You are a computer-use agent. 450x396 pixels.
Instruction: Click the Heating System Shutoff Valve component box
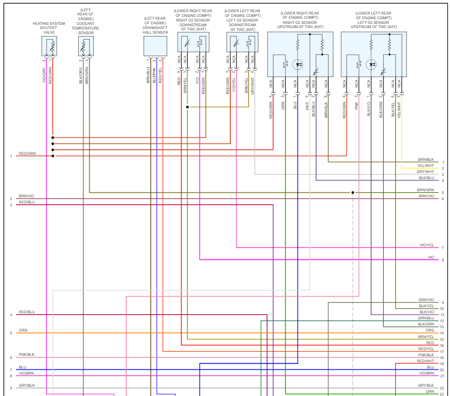click(x=50, y=46)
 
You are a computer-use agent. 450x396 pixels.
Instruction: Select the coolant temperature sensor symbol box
click(x=86, y=46)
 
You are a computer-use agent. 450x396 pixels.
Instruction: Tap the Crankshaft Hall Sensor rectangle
click(x=155, y=46)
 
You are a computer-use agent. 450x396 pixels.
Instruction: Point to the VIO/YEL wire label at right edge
click(x=427, y=245)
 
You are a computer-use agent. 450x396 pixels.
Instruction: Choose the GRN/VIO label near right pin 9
click(x=426, y=300)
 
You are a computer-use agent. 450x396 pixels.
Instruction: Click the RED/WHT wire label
click(x=426, y=361)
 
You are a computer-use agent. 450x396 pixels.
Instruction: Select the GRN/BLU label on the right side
click(x=426, y=318)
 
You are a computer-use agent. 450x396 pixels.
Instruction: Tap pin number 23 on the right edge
click(x=442, y=394)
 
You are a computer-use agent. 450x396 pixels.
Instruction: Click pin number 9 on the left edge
click(x=11, y=388)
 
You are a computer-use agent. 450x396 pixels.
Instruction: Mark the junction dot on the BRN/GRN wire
click(x=353, y=192)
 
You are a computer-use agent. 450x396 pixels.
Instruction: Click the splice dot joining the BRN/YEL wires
click(x=187, y=107)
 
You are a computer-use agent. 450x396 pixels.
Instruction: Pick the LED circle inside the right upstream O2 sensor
click(x=298, y=65)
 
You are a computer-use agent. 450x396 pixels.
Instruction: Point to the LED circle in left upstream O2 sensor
click(x=371, y=65)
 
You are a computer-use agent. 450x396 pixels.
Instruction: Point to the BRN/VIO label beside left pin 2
click(x=27, y=196)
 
